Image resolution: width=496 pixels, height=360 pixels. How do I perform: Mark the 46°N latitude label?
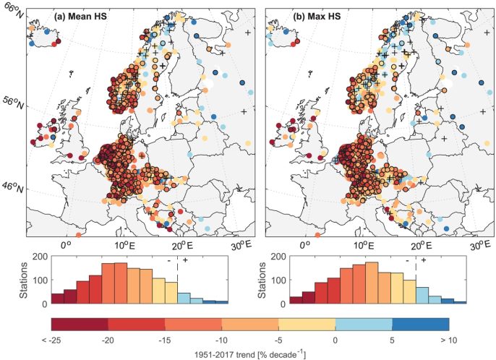pos(14,189)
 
